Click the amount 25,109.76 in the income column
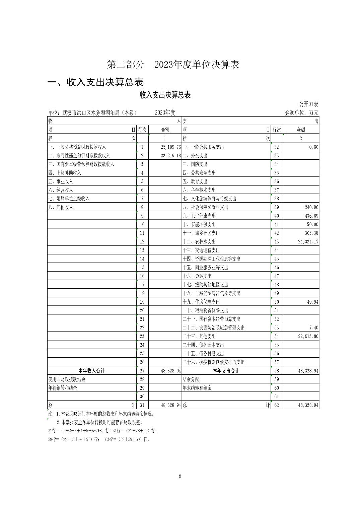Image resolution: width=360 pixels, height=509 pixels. coord(170,147)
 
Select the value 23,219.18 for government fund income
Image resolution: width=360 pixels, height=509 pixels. coord(170,156)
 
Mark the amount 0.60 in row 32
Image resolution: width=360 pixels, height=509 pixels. coord(314,147)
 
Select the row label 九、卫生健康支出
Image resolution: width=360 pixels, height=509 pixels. coord(199,216)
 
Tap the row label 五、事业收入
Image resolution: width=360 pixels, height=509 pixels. coord(61,181)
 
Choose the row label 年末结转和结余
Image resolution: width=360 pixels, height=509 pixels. coord(197,388)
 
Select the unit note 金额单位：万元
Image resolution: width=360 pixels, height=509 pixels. coord(301,113)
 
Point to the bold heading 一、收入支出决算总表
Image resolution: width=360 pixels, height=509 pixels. coord(96,82)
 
